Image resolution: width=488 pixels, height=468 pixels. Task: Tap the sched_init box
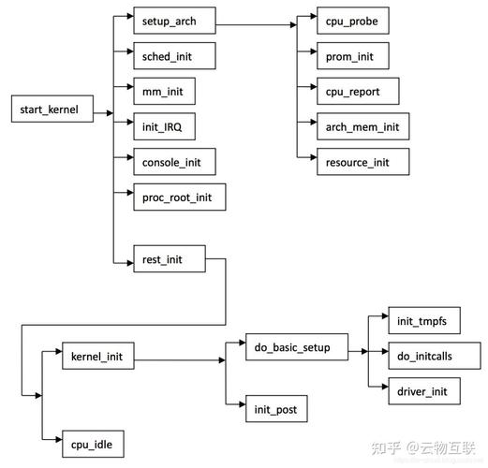[x=173, y=55]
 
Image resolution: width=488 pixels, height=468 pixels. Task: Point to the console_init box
[x=173, y=161]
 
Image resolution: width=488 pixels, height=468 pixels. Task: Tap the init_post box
[x=275, y=409]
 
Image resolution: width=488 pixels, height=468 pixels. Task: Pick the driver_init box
[x=423, y=390]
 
